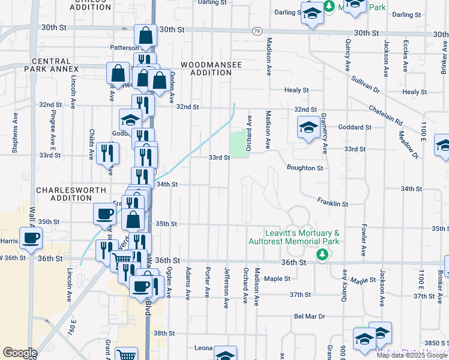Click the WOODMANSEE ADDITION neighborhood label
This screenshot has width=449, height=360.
click(206, 68)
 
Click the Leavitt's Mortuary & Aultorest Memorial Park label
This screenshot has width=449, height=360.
click(294, 237)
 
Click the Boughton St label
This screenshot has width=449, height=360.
click(305, 168)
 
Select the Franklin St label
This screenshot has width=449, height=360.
click(333, 203)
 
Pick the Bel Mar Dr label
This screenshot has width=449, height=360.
click(309, 316)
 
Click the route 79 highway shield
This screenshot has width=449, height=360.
click(257, 31)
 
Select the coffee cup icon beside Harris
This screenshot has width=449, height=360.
click(31, 238)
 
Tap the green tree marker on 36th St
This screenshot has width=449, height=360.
click(322, 255)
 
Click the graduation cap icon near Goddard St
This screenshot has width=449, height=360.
click(309, 128)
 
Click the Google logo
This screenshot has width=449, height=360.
click(20, 353)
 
